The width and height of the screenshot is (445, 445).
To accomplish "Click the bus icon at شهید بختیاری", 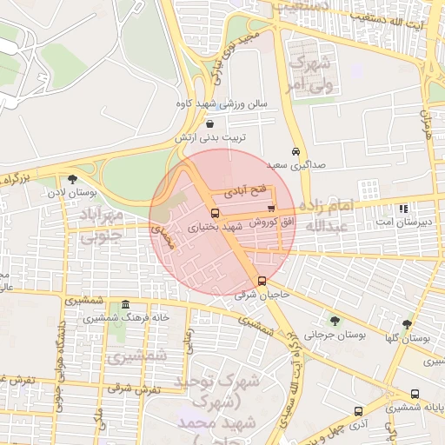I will tap(215, 213).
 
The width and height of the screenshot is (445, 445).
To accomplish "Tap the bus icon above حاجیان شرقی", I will tap(262, 281).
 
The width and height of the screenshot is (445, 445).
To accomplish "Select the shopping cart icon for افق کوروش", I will tap(272, 209).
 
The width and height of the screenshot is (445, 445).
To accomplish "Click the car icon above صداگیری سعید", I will tap(296, 150).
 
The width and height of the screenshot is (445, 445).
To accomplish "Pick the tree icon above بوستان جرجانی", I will tap(335, 321).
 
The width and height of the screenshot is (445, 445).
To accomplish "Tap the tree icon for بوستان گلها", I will tap(407, 324).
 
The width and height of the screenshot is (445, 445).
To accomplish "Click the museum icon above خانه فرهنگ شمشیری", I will tap(127, 305).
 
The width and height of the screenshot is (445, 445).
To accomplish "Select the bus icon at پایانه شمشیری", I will tap(415, 394).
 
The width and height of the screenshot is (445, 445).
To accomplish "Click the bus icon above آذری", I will tap(358, 410).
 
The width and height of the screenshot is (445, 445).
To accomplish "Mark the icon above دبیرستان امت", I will tap(403, 209).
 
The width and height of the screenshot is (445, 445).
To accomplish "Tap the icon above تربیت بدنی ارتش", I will tap(211, 124).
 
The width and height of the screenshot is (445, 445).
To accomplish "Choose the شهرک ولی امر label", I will tap(310, 73).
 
